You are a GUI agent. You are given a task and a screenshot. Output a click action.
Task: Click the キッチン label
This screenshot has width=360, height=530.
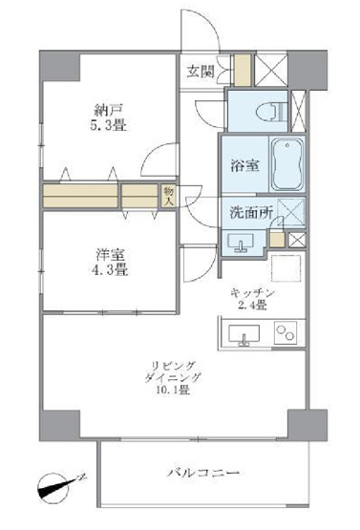click(x=253, y=293)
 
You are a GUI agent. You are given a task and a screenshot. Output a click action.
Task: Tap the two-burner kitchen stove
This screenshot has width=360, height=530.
click(x=286, y=334)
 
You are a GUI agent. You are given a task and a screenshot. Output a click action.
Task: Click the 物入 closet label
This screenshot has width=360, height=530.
click(x=166, y=196)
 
